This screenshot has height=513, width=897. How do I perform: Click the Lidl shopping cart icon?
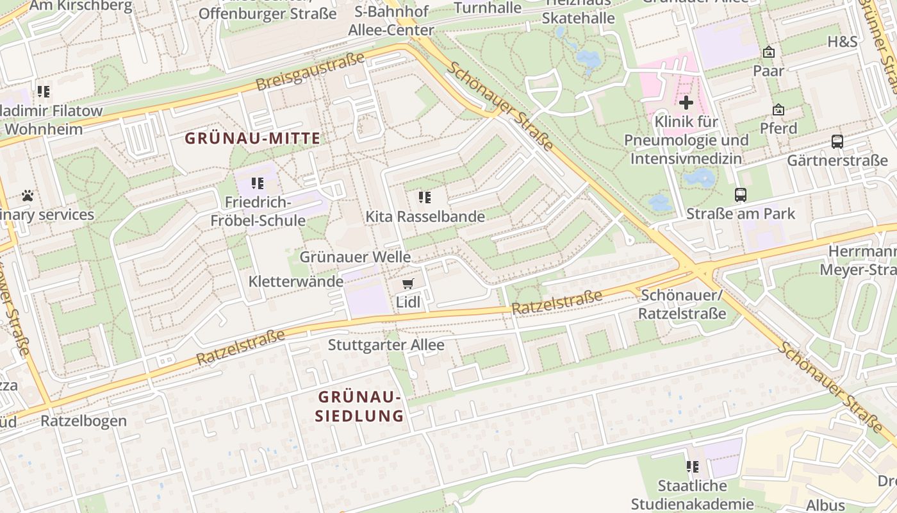pyautogui.click(x=407, y=283)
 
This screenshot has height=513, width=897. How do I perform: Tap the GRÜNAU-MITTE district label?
pyautogui.click(x=252, y=138)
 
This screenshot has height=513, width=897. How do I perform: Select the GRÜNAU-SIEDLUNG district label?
pyautogui.click(x=361, y=406)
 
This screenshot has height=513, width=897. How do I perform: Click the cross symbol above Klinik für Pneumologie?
pyautogui.click(x=686, y=103)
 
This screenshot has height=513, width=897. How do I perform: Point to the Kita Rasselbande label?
pyautogui.click(x=425, y=217)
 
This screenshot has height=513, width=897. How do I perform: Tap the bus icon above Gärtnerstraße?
pyautogui.click(x=837, y=142)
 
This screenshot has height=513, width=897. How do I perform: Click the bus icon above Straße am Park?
pyautogui.click(x=741, y=195)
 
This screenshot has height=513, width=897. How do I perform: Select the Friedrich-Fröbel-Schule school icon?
pyautogui.click(x=258, y=184)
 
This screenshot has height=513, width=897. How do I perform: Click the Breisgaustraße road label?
pyautogui.click(x=309, y=72)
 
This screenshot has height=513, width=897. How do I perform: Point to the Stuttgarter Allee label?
pyautogui.click(x=386, y=345)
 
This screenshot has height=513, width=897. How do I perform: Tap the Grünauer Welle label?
pyautogui.click(x=355, y=257)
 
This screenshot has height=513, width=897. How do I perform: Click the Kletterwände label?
pyautogui.click(x=295, y=282)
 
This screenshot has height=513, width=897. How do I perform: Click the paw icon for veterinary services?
pyautogui.click(x=28, y=196)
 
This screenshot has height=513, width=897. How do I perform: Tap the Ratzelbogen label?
pyautogui.click(x=83, y=421)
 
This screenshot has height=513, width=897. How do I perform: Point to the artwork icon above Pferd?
pyautogui.click(x=778, y=110)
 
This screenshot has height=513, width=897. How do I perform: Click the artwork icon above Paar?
pyautogui.click(x=769, y=53)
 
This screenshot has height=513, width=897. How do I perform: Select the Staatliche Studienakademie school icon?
pyautogui.click(x=692, y=467)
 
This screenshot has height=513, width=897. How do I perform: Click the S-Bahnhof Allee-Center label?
pyautogui.click(x=390, y=21)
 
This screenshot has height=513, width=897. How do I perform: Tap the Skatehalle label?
pyautogui.click(x=578, y=19)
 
